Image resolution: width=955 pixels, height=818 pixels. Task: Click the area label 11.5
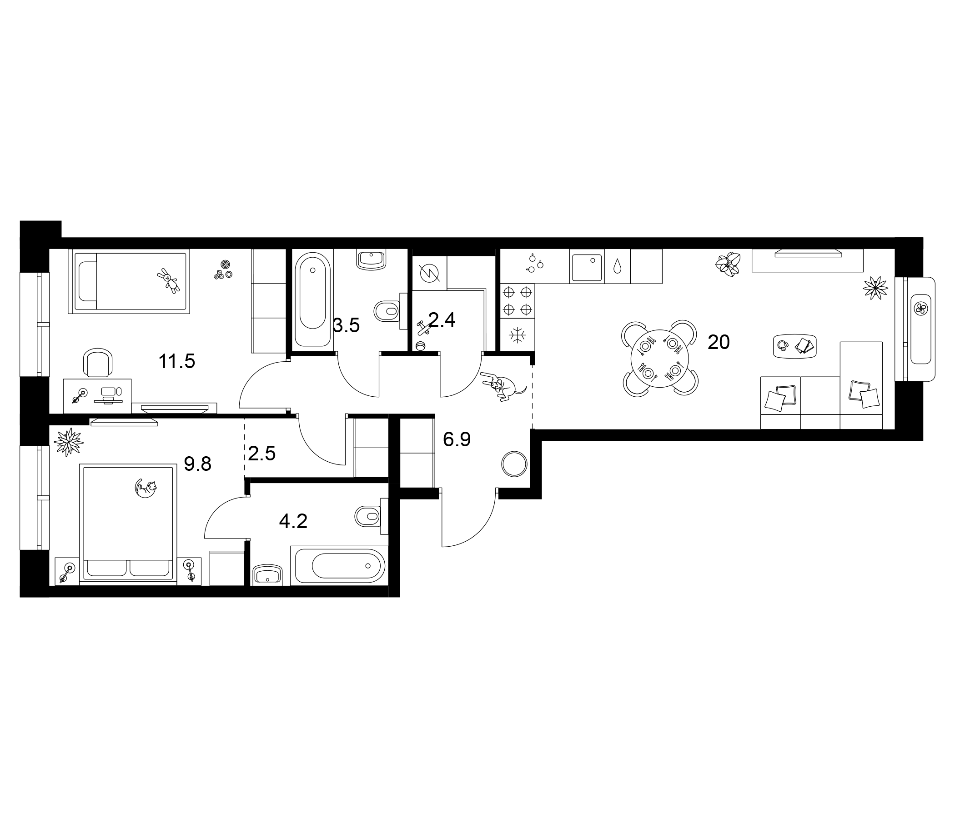[176, 362]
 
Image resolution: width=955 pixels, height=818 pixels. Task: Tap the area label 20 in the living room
[719, 342]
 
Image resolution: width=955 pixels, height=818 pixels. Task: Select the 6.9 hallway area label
[456, 439]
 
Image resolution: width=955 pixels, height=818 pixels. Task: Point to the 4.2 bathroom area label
[293, 521]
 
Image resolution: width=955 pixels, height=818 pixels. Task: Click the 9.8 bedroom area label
[197, 464]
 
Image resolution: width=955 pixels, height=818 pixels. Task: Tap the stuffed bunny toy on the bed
[169, 280]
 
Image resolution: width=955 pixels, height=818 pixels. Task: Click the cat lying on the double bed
[146, 488]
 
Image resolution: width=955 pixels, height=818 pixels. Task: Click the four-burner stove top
[518, 300]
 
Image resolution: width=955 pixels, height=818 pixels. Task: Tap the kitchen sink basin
[587, 267]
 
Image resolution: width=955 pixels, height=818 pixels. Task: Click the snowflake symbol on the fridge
[518, 335]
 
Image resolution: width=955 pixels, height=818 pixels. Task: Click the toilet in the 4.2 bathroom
[370, 516]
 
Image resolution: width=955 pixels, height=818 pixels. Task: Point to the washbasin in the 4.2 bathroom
[268, 575]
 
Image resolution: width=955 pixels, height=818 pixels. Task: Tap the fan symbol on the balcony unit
[921, 309]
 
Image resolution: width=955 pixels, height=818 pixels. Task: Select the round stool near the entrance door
[513, 464]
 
